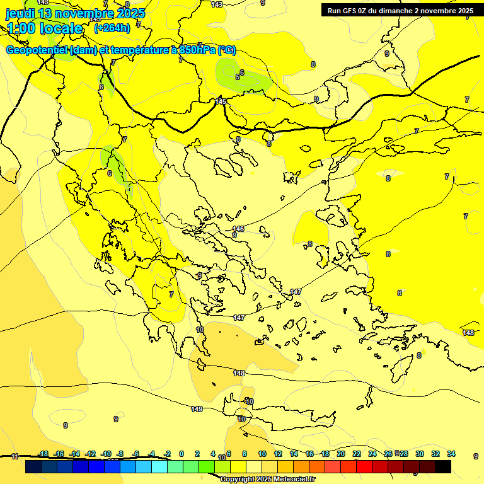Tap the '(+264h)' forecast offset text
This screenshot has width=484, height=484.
[112, 28]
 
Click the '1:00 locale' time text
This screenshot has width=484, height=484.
[45, 28]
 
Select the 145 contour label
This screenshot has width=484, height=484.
[221, 101]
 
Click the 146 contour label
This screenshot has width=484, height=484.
[238, 229]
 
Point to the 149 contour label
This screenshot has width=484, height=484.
[197, 409]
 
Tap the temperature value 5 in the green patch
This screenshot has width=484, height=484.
[238, 77]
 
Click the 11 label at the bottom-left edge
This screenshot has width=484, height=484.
[14, 456]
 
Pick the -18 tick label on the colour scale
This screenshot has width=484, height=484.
[43, 454]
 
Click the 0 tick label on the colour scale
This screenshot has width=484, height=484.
[181, 454]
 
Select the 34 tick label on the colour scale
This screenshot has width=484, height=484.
[451, 454]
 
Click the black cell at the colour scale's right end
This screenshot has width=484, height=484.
[443, 467]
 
